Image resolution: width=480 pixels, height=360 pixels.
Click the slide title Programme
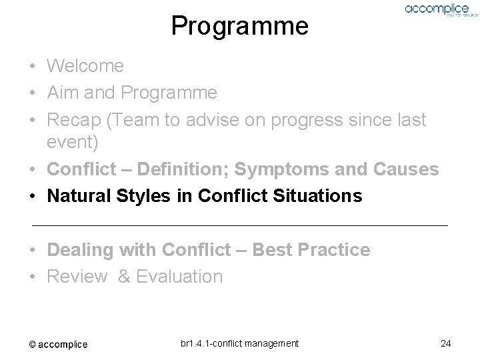(x=239, y=26)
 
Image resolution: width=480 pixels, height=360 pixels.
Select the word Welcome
(x=85, y=66)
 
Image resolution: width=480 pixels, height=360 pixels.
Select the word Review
(x=77, y=277)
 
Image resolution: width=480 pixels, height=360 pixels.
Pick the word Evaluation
(x=179, y=277)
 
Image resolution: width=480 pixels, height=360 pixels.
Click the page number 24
(x=446, y=343)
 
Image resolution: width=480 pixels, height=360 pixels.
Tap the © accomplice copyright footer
(x=58, y=344)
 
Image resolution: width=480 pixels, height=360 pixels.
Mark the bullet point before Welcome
(x=32, y=67)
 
